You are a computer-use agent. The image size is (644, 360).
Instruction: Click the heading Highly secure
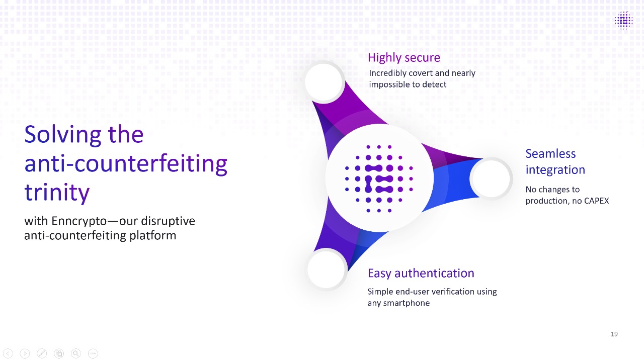tap(404, 58)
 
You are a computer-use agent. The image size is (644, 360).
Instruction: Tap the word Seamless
tap(550, 154)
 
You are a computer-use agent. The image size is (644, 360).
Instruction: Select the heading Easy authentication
tap(421, 273)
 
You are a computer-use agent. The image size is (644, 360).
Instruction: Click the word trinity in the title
tap(57, 193)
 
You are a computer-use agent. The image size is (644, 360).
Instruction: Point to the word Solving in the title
tap(63, 134)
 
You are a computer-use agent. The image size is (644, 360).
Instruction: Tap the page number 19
tap(614, 334)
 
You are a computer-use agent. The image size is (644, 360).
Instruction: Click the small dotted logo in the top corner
tap(623, 21)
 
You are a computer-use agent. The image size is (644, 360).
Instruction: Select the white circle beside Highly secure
tap(325, 81)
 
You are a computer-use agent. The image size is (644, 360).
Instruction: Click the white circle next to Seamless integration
tap(491, 178)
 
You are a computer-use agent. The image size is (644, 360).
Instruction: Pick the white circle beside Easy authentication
tap(327, 269)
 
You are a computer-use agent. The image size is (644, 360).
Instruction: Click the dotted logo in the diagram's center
tap(379, 178)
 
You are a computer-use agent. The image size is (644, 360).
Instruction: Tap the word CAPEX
tap(596, 201)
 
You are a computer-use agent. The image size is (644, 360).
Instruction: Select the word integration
tap(555, 170)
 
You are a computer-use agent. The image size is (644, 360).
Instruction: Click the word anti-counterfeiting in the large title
tap(126, 163)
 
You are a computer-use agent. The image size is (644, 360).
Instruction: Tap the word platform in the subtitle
tap(152, 236)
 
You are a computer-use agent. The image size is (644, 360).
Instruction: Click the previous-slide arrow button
tap(8, 353)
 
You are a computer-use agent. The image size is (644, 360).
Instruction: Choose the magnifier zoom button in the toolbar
tap(76, 353)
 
